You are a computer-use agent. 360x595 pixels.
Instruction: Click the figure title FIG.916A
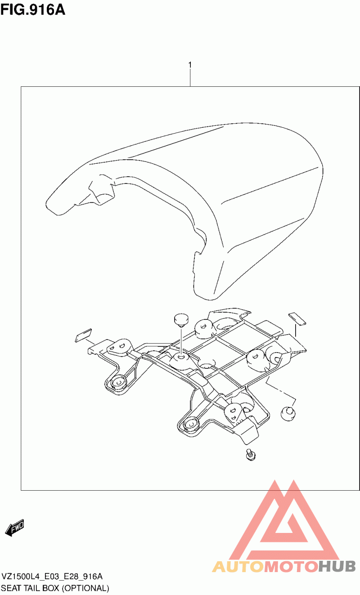(33, 10)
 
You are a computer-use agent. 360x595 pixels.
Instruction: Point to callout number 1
(190, 65)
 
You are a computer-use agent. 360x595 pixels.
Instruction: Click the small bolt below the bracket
(251, 455)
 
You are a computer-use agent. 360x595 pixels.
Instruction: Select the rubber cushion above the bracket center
(181, 320)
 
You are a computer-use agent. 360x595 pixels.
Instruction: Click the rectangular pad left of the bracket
(84, 336)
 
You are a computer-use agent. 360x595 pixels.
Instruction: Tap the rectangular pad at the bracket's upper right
(297, 319)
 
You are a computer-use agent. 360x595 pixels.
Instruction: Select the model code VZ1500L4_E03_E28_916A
(52, 577)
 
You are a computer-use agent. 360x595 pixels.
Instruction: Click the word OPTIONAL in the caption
(85, 588)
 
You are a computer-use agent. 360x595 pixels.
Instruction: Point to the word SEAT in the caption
(11, 588)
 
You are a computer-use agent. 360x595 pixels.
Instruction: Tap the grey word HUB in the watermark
(337, 566)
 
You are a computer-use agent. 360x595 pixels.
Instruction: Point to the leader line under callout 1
(190, 78)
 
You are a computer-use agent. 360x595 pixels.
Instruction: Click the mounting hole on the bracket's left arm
(117, 382)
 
